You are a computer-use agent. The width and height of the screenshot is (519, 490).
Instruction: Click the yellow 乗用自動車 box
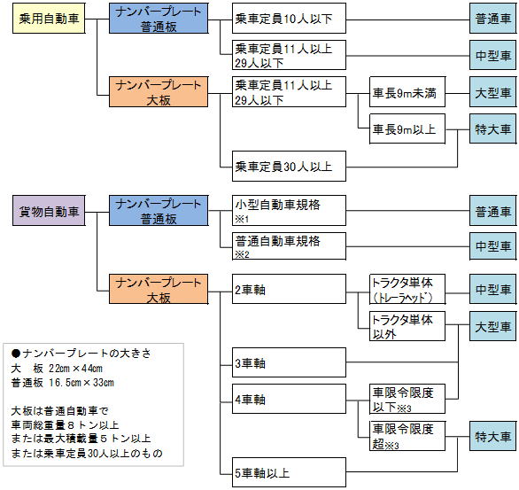tap(49, 19)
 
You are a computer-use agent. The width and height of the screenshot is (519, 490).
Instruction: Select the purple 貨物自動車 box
tap(49, 211)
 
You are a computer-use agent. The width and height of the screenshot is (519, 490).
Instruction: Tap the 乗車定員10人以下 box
tap(289, 19)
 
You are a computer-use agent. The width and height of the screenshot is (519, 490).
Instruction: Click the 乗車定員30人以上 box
tap(289, 167)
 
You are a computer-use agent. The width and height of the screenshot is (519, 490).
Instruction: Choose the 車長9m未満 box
tap(407, 92)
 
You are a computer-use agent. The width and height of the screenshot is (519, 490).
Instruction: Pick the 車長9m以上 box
tap(407, 128)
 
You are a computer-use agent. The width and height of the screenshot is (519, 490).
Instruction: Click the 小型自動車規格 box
tap(289, 211)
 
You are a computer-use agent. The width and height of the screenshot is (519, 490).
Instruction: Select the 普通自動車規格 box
tap(289, 246)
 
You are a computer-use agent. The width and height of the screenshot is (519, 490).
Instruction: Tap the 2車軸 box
tap(289, 289)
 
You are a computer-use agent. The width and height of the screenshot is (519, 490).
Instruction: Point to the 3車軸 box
tap(289, 362)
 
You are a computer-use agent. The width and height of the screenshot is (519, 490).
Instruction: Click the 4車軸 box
tap(289, 399)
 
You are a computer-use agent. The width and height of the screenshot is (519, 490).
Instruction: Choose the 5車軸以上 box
tap(289, 472)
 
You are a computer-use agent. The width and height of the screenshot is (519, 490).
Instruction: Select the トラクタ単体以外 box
tap(407, 326)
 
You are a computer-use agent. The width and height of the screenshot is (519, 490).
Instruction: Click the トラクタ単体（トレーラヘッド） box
tap(407, 289)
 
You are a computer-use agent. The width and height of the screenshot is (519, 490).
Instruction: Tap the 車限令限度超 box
tap(407, 436)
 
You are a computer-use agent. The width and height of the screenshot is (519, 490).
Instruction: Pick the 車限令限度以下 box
tap(407, 399)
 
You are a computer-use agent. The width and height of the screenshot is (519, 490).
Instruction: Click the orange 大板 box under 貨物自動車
tap(159, 289)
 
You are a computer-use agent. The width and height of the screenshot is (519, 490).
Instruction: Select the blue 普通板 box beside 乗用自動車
tap(159, 19)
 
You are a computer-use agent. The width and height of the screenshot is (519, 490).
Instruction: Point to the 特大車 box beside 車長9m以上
tap(492, 128)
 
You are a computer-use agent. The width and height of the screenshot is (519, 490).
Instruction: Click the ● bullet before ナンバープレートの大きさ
tap(16, 354)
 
